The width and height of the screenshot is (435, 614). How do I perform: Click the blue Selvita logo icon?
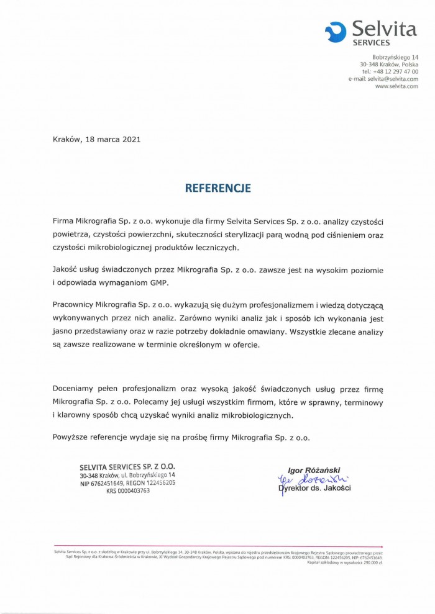[x=336, y=30]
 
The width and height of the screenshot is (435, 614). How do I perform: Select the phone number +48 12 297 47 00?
[x=396, y=72]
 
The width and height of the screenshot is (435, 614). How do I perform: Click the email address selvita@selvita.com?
[x=392, y=79]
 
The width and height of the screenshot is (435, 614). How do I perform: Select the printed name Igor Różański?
[x=314, y=470]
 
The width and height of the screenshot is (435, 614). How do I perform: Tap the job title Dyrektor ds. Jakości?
[x=316, y=488]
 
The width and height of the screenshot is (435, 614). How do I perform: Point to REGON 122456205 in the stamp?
[x=162, y=482]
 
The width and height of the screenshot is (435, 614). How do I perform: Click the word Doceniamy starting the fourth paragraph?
[x=75, y=389]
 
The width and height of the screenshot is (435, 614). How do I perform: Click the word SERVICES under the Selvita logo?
[x=371, y=43]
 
